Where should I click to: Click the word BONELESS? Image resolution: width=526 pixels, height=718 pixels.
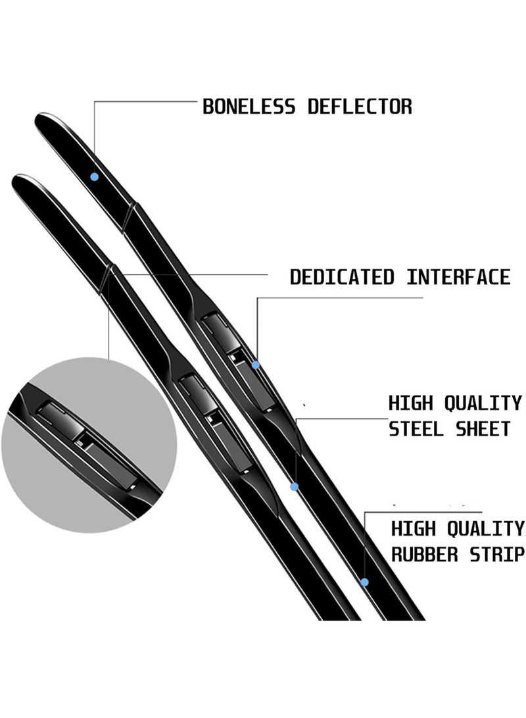coord(249,107)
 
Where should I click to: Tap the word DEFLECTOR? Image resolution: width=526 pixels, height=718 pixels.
coord(360,107)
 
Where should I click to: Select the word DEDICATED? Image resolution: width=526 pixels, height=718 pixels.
coord(342,278)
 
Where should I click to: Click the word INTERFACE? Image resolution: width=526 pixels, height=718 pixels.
coord(458,278)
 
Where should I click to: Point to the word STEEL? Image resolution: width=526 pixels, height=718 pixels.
coord(416,429)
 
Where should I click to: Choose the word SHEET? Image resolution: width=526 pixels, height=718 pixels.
coord(483,429)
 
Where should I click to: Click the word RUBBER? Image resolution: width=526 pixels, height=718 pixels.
coord(425,555)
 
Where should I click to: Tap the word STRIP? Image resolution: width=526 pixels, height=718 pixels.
coord(497,555)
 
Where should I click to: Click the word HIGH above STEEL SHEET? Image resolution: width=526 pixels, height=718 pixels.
coord(410,403)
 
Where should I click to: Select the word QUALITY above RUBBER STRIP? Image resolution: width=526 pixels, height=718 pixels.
coord(485,529)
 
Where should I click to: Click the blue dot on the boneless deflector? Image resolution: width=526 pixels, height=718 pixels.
coord(95,177)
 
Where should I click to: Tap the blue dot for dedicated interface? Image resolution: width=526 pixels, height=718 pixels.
coord(256,365)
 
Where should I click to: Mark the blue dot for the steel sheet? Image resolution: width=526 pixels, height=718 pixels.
coord(295,486)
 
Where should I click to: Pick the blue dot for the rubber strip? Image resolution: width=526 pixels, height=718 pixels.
coord(364,582)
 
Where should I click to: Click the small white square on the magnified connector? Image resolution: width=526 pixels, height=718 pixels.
coord(83,444)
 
